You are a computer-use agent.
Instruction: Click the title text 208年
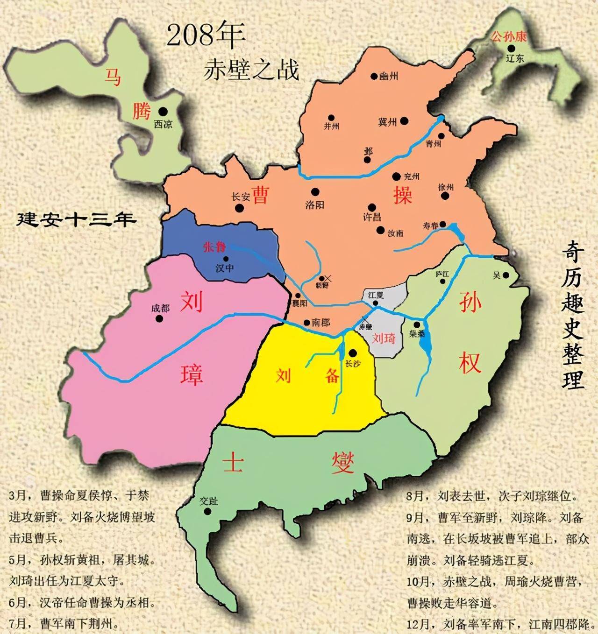coord(206,35)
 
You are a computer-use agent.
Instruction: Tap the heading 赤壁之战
coord(251,70)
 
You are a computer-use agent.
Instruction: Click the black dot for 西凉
coord(163,112)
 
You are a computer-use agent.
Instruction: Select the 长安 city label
coord(241,197)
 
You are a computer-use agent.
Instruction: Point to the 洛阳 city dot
coord(315,192)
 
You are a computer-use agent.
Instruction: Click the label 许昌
coord(372,217)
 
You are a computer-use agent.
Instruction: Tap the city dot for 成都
coord(159,318)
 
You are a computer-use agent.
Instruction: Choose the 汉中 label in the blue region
coord(225,268)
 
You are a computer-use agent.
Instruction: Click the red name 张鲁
coord(214,247)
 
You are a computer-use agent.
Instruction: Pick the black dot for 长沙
coord(353,353)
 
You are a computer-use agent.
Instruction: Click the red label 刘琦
coord(384,338)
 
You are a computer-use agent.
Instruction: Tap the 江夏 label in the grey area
coord(375,295)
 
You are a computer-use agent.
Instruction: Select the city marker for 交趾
coord(208,511)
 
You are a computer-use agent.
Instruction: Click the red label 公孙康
coord(509,36)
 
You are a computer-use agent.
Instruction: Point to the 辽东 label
coord(515,58)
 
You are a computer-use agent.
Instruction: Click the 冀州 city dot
coord(405,121)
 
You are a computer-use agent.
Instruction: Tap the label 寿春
coord(430,225)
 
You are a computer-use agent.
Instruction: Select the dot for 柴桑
coord(416,324)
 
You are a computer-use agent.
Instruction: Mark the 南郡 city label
coord(320,323)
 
